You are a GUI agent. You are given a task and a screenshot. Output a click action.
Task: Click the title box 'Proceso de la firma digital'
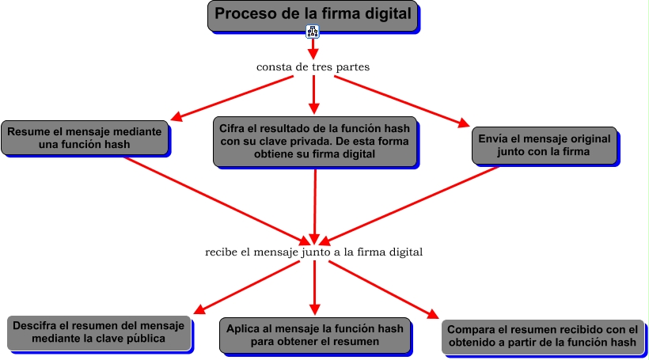point(313,15)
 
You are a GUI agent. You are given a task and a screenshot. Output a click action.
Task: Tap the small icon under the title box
point(313,32)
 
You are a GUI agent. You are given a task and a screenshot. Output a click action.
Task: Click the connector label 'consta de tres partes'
point(313,66)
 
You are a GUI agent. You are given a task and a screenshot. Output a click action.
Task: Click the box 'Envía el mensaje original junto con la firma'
point(544,144)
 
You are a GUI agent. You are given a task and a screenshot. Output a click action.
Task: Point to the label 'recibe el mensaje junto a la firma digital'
point(313,252)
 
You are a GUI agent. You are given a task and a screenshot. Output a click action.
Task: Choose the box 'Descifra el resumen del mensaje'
point(99,332)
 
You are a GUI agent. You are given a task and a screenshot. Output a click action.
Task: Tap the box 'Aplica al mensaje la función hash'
point(314,335)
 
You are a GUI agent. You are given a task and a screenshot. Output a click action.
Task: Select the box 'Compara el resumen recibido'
point(542,336)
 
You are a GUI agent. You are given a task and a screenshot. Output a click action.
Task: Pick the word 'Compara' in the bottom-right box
point(469,329)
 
